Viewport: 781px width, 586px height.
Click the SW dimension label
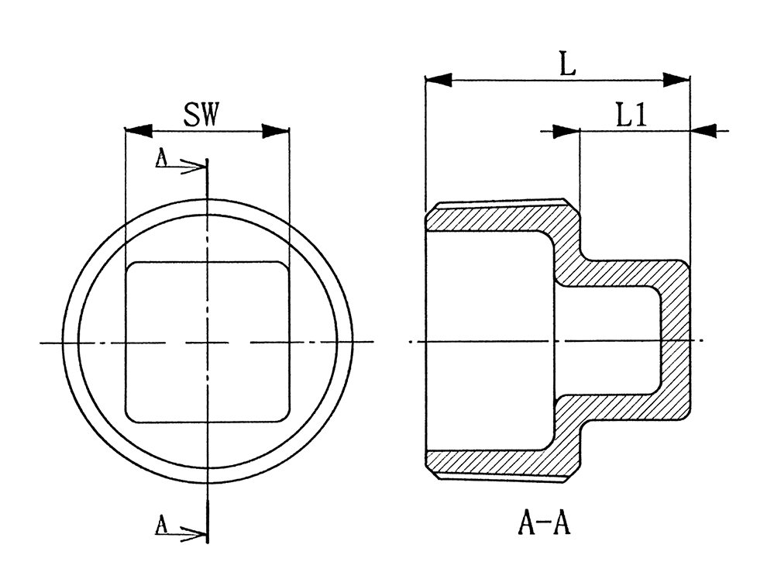click(x=202, y=115)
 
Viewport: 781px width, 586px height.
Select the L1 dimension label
click(x=631, y=116)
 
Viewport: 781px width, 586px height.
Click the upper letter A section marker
click(x=161, y=159)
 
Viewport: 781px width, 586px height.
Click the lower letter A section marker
click(x=161, y=526)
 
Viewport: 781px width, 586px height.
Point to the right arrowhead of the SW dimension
click(x=276, y=131)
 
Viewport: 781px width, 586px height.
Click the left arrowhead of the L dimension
click(x=439, y=78)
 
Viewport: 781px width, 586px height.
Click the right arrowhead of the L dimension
click(x=676, y=78)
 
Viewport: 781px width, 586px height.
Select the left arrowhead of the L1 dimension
click(x=566, y=132)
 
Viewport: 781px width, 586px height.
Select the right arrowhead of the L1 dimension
click(x=703, y=132)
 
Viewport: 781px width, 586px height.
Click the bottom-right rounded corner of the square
click(x=282, y=416)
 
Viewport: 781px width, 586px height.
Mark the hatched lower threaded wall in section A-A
click(x=496, y=463)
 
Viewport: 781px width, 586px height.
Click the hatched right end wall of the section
click(x=675, y=341)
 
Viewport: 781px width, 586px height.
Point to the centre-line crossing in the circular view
click(x=208, y=342)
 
